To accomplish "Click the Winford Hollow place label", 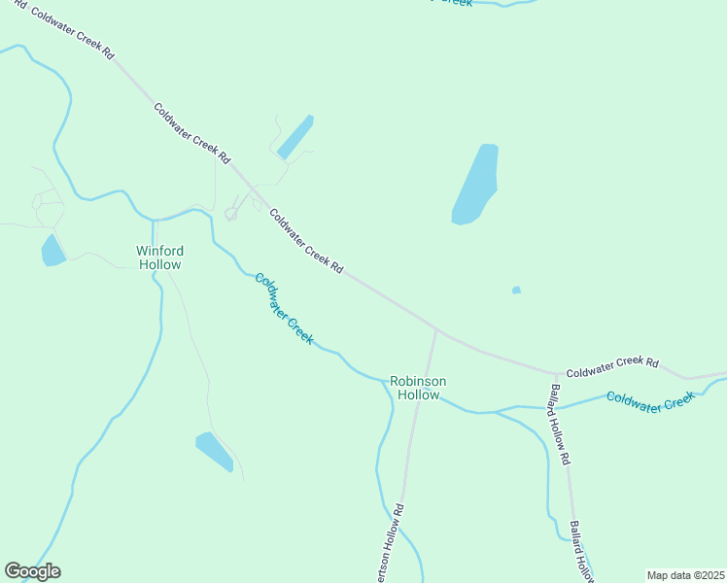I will (158, 257).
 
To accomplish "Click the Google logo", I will (32, 571).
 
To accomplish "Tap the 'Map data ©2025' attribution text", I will (685, 575).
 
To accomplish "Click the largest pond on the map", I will (475, 185).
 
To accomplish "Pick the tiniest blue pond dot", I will (516, 290).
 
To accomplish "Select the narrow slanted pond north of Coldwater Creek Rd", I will (295, 137).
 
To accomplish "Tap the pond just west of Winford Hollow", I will (52, 251).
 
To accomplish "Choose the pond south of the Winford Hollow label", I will (215, 451).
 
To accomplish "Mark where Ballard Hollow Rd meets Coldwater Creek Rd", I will (556, 373).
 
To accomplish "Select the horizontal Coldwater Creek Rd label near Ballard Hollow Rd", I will (612, 366).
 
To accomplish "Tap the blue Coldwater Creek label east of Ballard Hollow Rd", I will (651, 400).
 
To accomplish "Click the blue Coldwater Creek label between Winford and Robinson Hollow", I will (283, 309).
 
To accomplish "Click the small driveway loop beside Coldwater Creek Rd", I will (232, 213).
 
